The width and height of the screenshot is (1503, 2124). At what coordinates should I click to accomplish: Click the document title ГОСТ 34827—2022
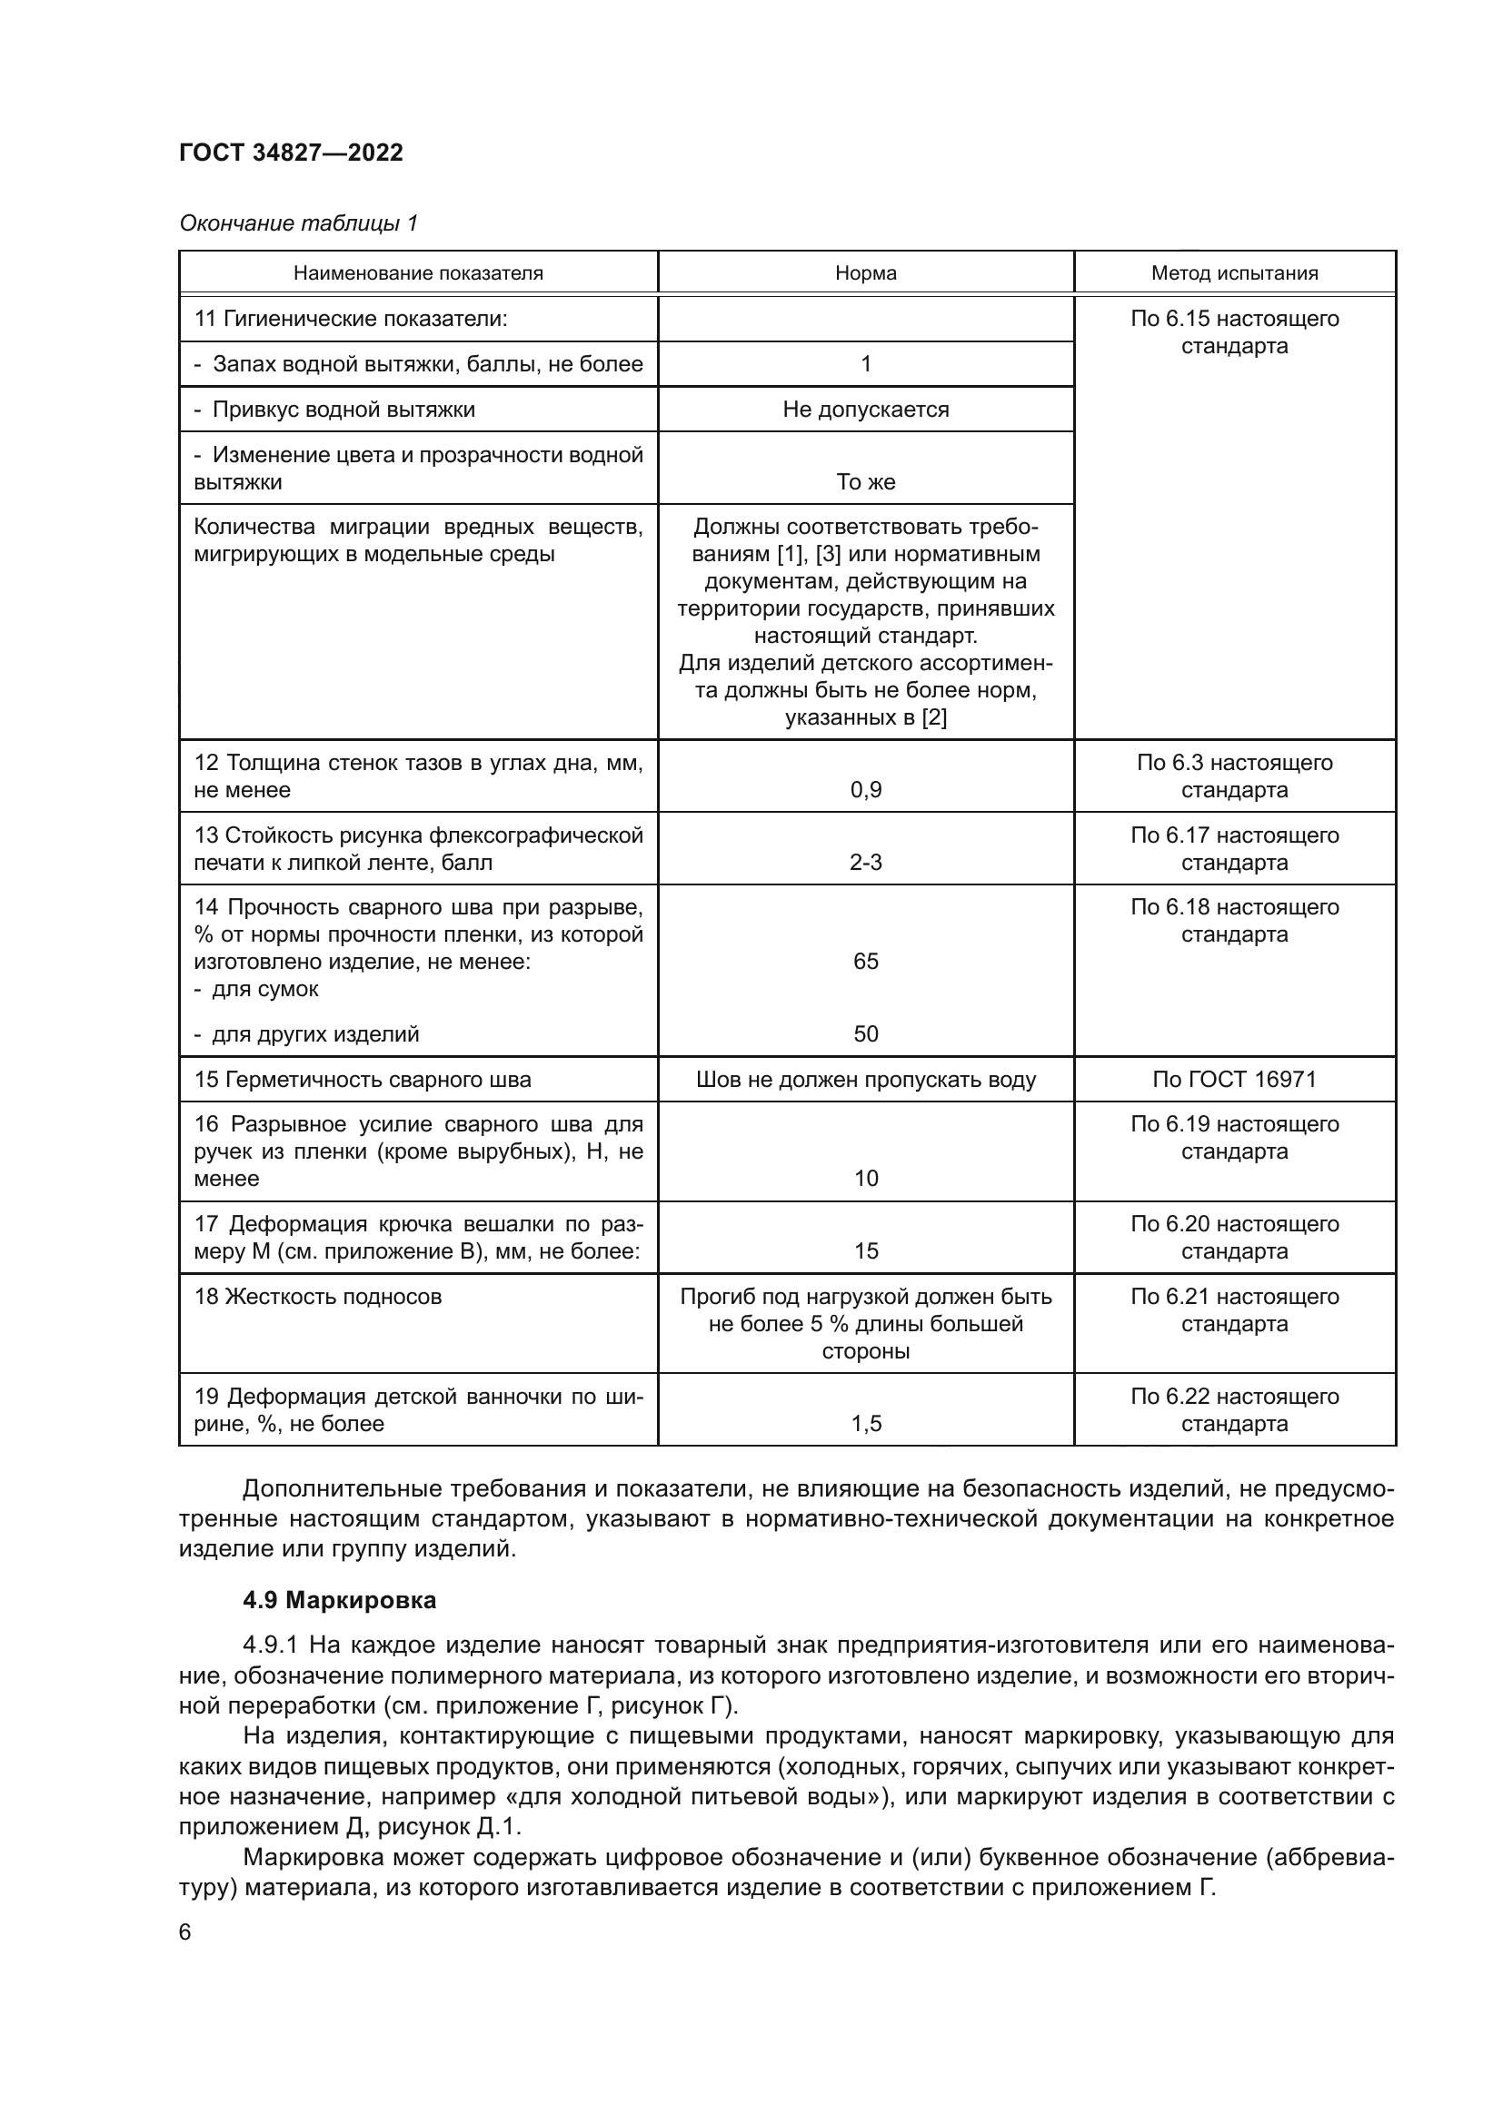tap(291, 153)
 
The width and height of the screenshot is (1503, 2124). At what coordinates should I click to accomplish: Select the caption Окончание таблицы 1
tap(298, 223)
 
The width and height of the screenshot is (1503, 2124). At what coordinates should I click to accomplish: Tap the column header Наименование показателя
tap(418, 273)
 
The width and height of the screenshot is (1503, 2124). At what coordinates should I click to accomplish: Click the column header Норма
tap(865, 273)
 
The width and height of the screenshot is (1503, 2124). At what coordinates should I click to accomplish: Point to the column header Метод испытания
tap(1234, 273)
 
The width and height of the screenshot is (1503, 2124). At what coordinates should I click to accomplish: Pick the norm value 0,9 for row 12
tap(865, 790)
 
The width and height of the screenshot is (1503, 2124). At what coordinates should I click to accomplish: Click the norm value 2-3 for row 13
tap(865, 862)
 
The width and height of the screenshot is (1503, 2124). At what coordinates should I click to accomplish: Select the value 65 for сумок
tap(865, 961)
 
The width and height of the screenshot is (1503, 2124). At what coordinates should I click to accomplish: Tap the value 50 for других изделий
tap(865, 1033)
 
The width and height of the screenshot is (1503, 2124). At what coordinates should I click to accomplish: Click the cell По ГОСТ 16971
tap(1234, 1079)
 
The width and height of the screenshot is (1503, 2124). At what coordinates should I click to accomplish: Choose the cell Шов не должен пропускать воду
tap(865, 1079)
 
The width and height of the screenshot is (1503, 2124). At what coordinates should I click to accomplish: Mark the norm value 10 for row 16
tap(865, 1178)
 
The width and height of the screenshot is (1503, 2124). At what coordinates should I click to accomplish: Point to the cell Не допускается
tap(865, 409)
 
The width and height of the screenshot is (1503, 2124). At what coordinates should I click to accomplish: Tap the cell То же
tap(865, 481)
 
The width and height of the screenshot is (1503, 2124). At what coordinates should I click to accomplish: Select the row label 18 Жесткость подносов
tap(317, 1296)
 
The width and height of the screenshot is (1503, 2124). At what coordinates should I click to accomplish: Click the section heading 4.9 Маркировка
tap(340, 1599)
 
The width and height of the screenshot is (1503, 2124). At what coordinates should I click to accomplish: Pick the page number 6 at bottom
tap(185, 1931)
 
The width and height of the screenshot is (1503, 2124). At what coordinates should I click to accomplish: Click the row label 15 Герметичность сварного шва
tap(362, 1079)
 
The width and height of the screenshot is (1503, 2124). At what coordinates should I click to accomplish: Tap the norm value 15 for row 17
tap(865, 1250)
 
